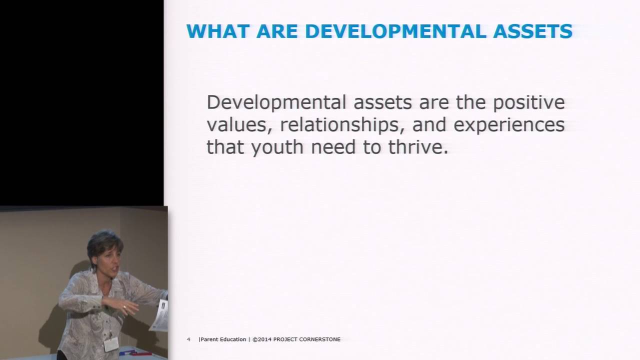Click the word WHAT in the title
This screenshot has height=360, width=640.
click(x=218, y=31)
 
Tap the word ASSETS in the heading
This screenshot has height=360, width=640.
click(x=533, y=31)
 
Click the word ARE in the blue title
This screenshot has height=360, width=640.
click(x=277, y=31)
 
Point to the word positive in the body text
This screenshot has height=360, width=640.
click(x=529, y=103)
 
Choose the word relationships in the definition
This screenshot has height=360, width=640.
click(x=342, y=125)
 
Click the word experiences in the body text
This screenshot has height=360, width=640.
click(x=509, y=125)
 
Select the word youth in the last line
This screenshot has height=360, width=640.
click(x=277, y=147)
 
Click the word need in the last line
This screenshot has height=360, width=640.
click(x=333, y=147)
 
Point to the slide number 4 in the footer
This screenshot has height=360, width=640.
click(x=188, y=339)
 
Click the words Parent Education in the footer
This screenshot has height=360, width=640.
click(x=223, y=339)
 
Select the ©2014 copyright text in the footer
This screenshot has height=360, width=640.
click(x=262, y=339)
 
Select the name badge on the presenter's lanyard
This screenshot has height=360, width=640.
click(x=111, y=344)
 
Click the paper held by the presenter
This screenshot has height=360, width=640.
click(x=160, y=315)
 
